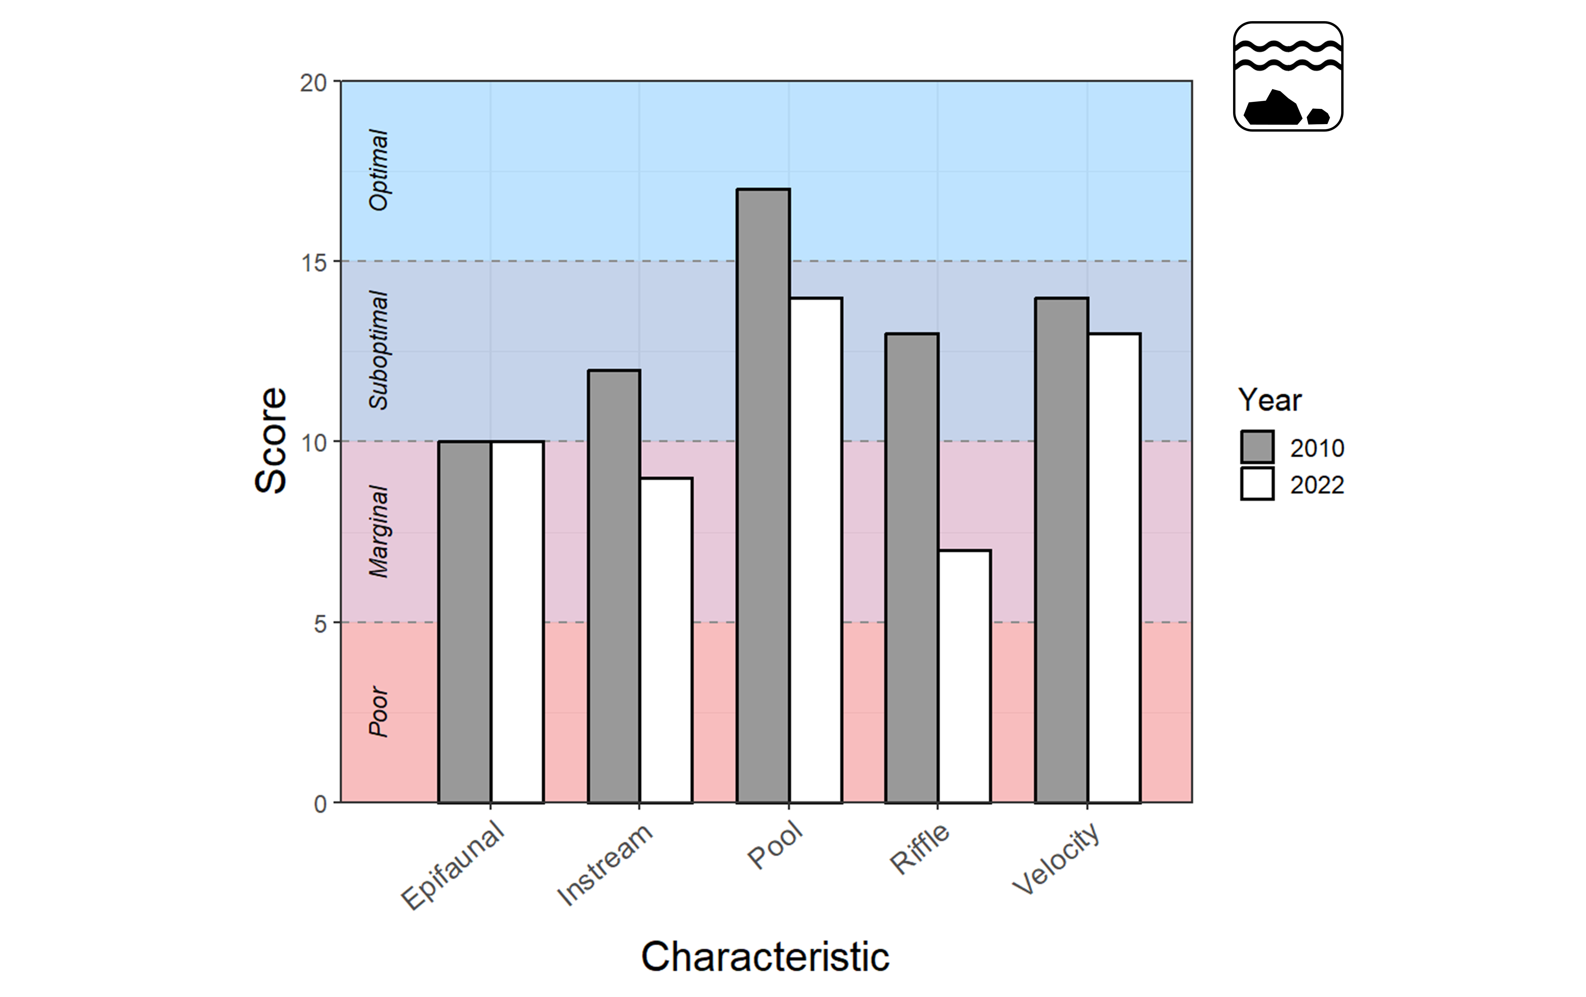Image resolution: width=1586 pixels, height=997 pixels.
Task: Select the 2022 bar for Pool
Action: (x=815, y=550)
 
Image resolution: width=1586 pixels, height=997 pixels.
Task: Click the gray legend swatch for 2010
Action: (x=1257, y=447)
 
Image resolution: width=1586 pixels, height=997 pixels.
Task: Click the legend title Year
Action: (x=1269, y=400)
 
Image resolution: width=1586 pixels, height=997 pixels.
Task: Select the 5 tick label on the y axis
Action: (x=320, y=623)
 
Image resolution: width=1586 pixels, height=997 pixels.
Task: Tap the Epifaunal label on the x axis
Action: (x=453, y=867)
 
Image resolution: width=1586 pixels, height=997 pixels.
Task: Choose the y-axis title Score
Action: (x=271, y=440)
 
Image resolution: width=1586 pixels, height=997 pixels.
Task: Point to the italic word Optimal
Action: (x=379, y=170)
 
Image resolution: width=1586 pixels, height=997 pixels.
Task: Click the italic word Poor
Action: (x=379, y=711)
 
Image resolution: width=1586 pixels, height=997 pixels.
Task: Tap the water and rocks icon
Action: (x=1288, y=76)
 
